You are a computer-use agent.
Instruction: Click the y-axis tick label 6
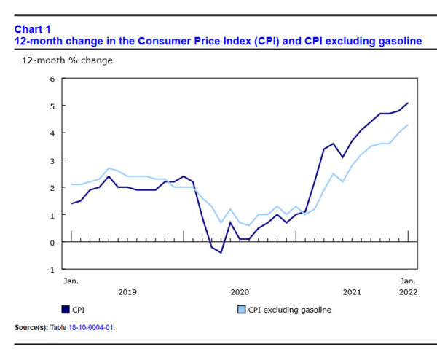point(52,79)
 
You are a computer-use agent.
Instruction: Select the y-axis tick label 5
point(52,106)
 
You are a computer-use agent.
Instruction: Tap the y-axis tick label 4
point(52,133)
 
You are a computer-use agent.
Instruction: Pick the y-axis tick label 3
point(52,160)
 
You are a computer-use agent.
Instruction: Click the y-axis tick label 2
point(52,188)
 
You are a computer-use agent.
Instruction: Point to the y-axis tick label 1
point(52,215)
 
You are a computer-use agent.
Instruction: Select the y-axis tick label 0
point(52,242)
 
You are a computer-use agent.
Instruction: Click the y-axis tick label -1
point(51,269)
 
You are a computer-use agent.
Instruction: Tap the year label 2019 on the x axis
point(127,291)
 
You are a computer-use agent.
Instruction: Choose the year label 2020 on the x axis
point(240,291)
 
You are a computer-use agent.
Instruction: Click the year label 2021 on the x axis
point(352,291)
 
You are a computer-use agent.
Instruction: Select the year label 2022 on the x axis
point(409,291)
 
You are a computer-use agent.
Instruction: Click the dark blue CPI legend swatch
point(66,310)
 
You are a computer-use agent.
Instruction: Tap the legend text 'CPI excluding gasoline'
point(289,310)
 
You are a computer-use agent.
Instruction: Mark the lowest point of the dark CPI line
point(221,252)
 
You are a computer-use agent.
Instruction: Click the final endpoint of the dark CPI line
point(408,103)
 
